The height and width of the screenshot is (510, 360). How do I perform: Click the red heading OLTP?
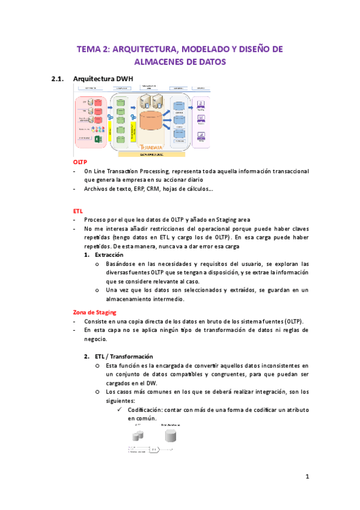tap(79, 162)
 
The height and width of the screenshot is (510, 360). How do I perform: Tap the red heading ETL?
tap(78, 211)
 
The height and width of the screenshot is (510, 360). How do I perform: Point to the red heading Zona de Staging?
tap(94, 312)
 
